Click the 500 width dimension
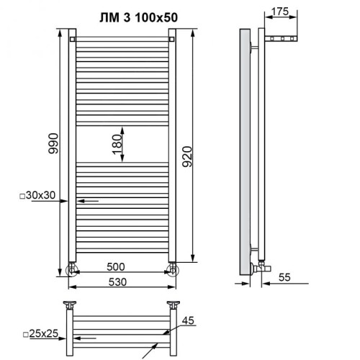tap(122, 266)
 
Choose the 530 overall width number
tap(122, 281)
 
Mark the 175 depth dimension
tap(283, 12)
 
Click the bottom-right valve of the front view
tap(172, 270)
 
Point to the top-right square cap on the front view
tap(172, 39)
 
